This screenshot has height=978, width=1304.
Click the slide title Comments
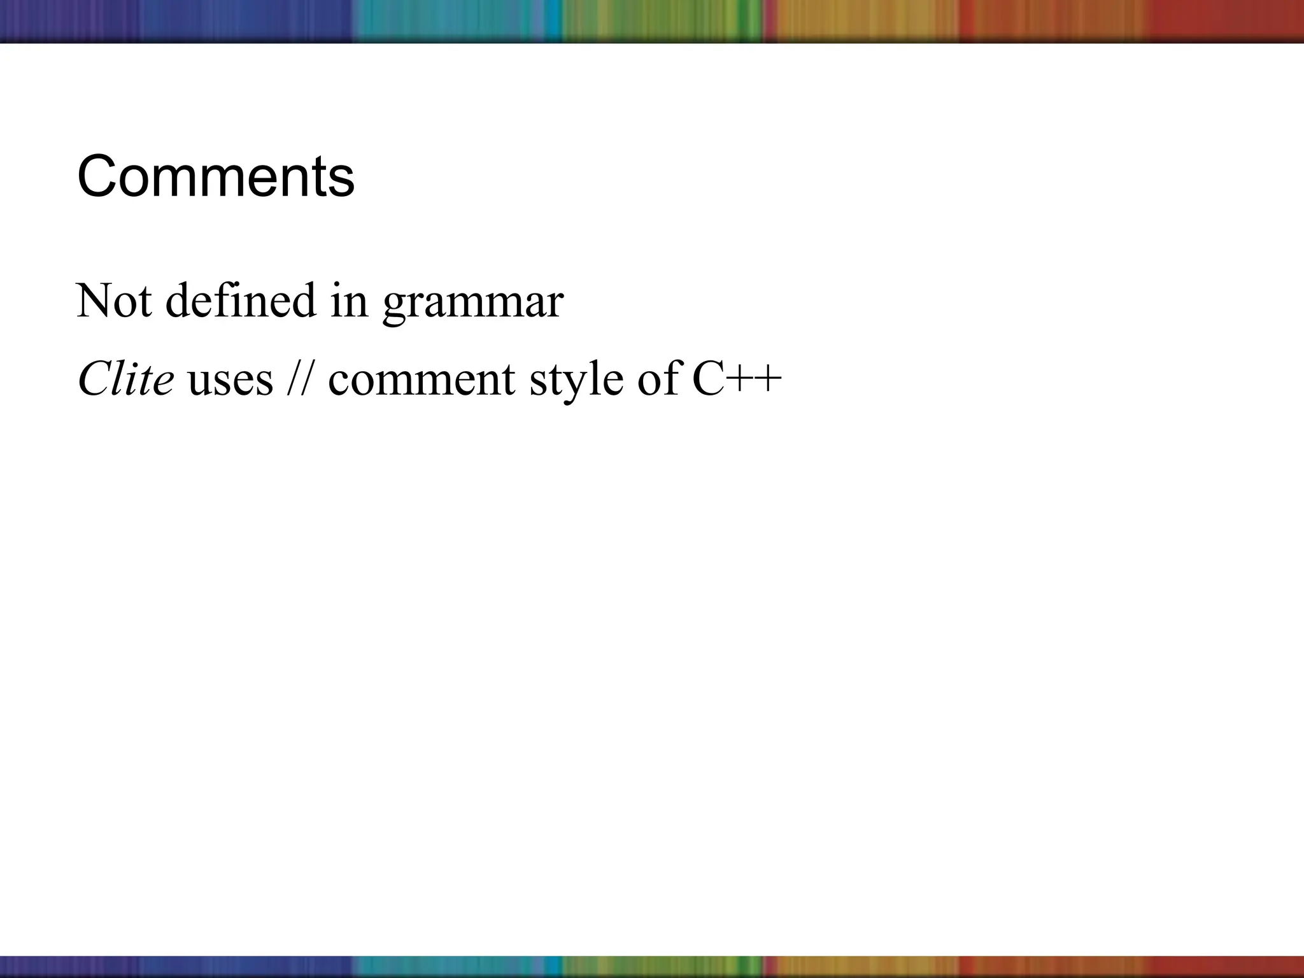pos(215,177)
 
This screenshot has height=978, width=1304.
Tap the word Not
pos(114,300)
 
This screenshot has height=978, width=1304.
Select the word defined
pos(241,300)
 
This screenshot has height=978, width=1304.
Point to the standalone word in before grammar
pos(349,300)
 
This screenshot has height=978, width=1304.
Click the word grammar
pos(472,302)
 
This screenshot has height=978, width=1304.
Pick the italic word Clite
pos(125,379)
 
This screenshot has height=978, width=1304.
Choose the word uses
pos(230,380)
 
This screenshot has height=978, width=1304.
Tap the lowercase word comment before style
pos(422,380)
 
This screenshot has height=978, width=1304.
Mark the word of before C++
pos(658,379)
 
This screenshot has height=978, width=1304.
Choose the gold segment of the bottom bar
pos(860,966)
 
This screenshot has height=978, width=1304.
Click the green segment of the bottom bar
pos(662,966)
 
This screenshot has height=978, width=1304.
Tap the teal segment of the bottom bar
pos(446,966)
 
